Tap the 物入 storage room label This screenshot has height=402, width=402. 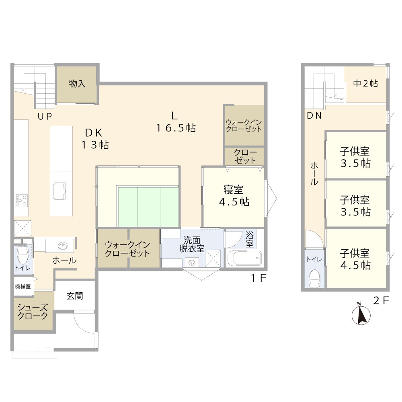[x=77, y=84]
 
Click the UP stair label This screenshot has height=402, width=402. [x=45, y=117]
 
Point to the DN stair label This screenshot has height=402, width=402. [x=314, y=116]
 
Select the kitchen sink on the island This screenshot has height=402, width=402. [x=59, y=191]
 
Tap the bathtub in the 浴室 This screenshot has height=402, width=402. [x=244, y=258]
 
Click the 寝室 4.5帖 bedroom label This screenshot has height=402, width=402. [x=234, y=196]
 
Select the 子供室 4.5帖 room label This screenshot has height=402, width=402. [x=355, y=260]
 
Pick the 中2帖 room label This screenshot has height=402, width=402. [x=365, y=84]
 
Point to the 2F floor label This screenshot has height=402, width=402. [x=381, y=300]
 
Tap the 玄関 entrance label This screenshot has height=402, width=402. [x=75, y=296]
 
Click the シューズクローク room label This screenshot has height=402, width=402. [x=33, y=312]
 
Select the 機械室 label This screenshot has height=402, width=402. [x=23, y=286]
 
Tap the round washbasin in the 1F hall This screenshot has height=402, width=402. [x=63, y=246]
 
